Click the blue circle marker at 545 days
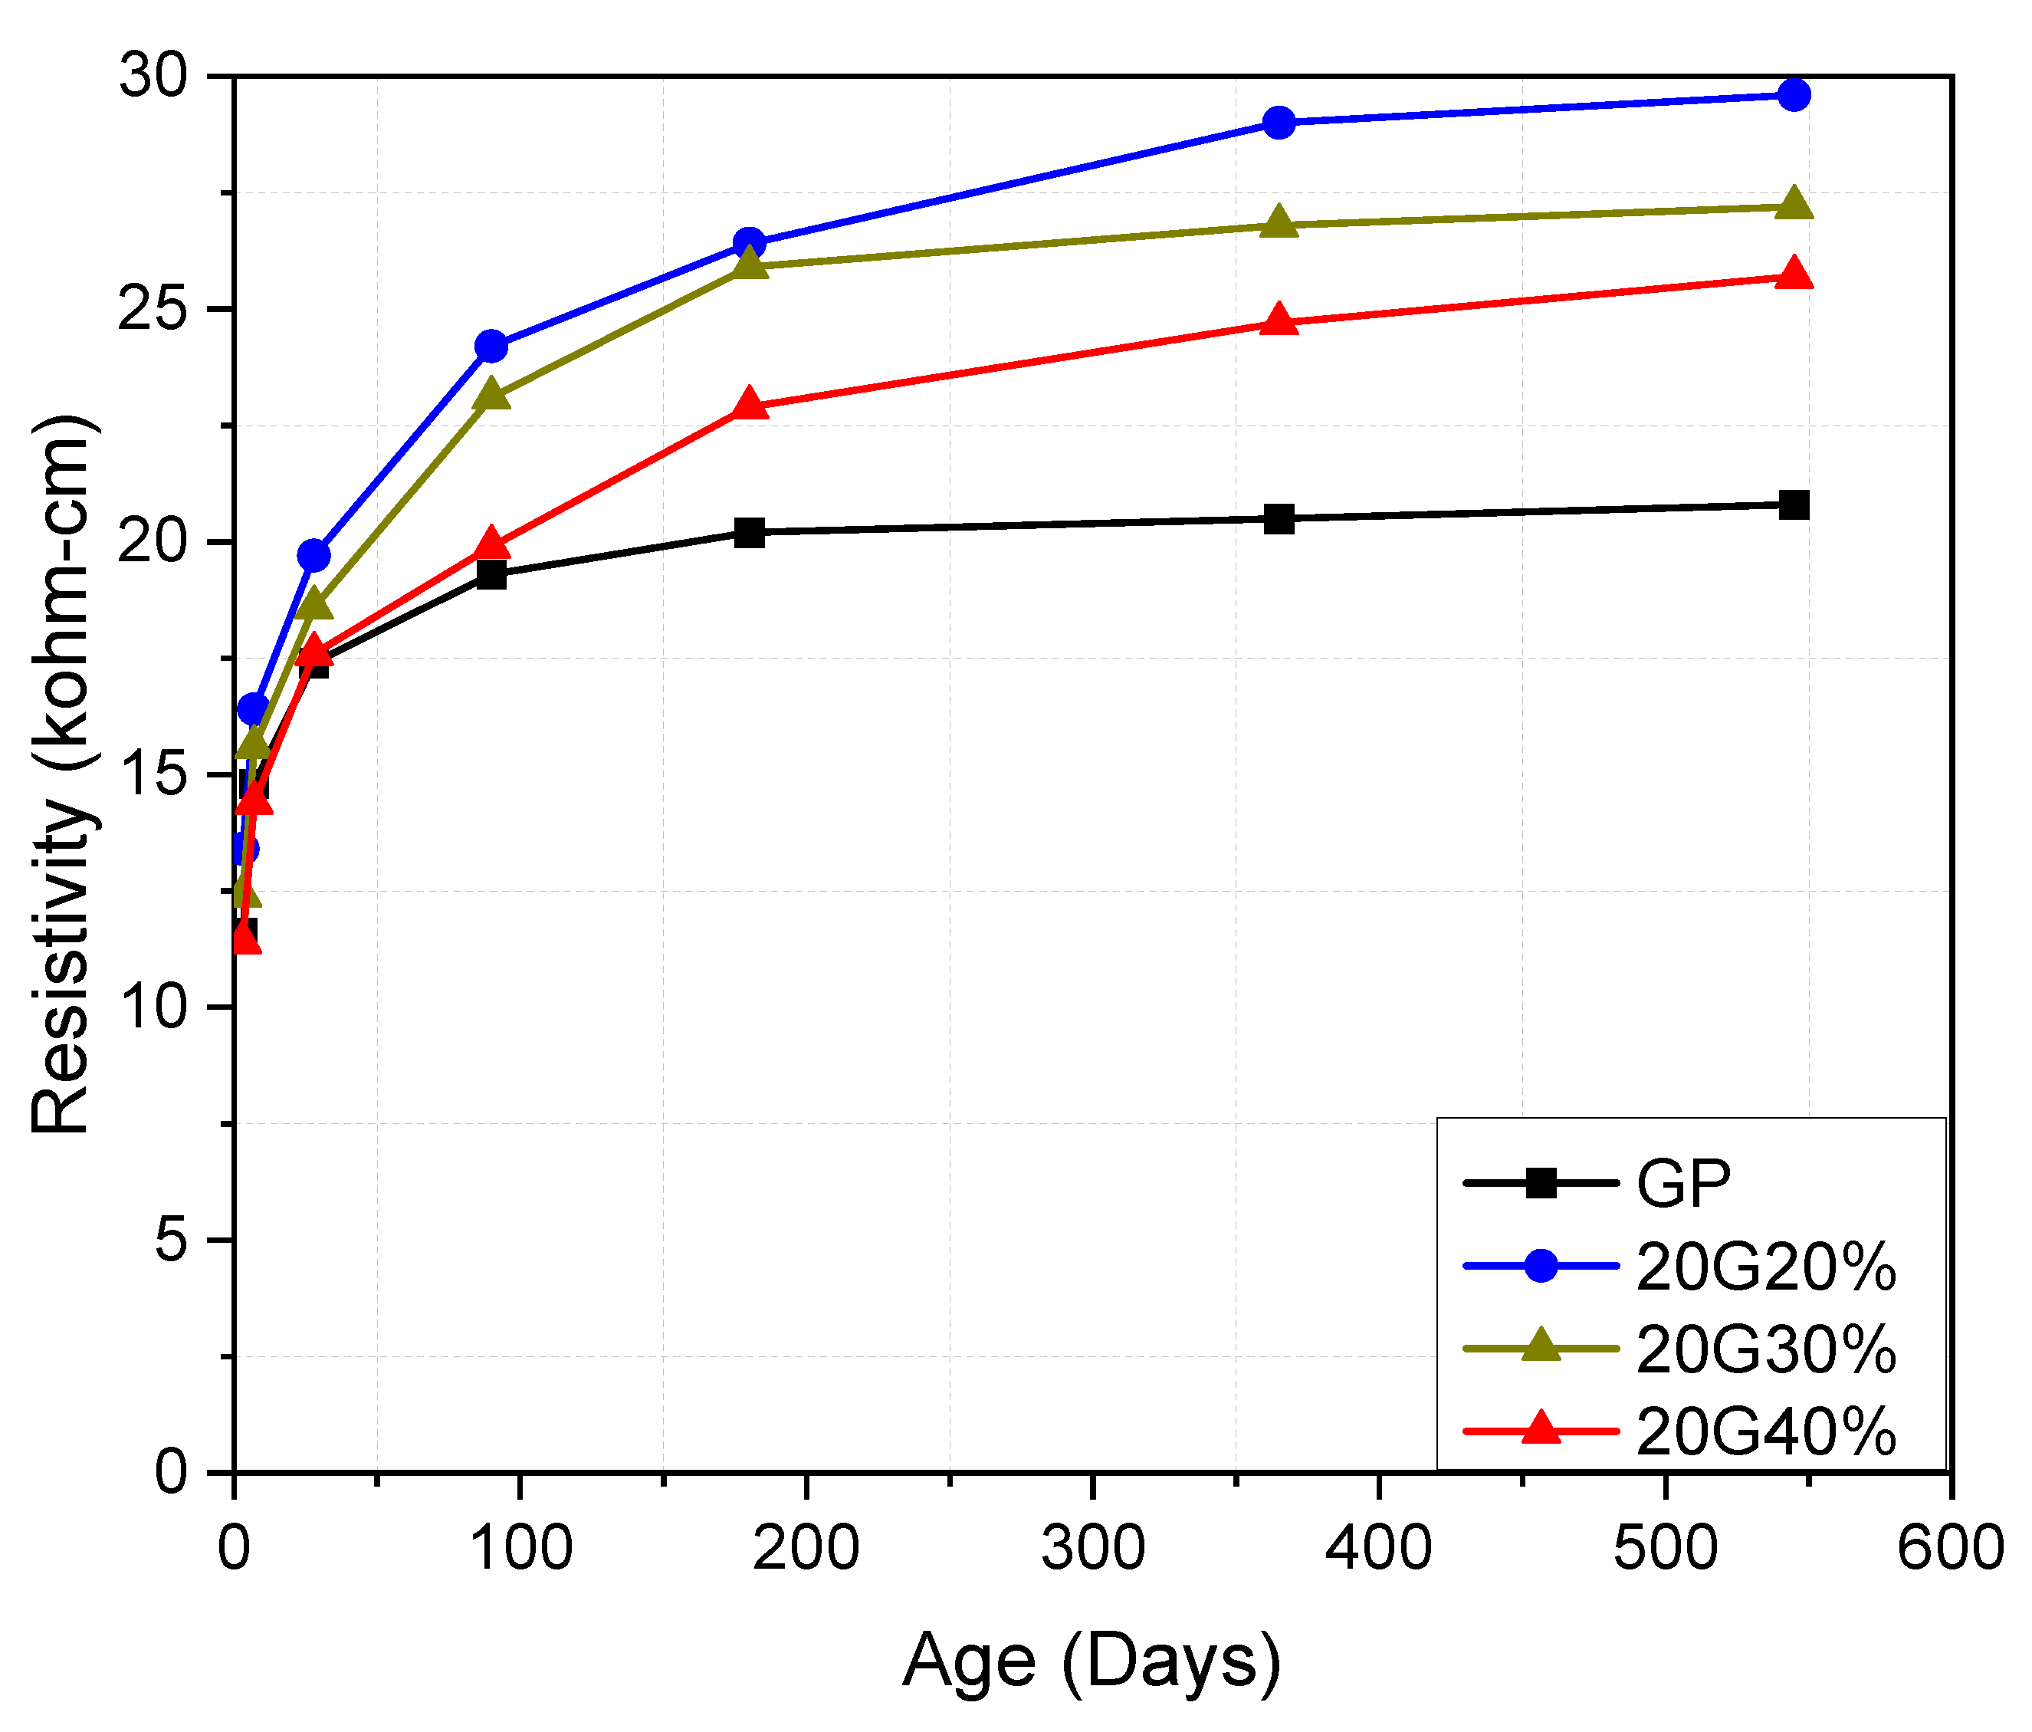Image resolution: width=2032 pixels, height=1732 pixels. (1794, 95)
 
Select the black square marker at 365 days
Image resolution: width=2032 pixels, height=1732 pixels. (1279, 519)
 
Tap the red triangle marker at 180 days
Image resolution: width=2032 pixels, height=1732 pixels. (749, 404)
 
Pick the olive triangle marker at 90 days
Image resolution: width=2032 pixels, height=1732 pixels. (491, 394)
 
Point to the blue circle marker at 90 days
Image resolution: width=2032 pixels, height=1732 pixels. (491, 347)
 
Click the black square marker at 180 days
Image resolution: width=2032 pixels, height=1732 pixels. (749, 533)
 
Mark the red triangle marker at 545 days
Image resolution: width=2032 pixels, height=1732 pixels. (1794, 274)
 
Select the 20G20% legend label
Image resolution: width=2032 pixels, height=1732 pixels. (1765, 1266)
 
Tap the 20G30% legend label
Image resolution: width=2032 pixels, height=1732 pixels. (1765, 1349)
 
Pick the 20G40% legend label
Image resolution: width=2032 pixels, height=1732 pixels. (1765, 1432)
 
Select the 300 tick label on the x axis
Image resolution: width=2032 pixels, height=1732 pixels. (1092, 1549)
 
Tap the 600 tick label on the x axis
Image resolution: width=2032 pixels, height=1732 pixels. (1950, 1549)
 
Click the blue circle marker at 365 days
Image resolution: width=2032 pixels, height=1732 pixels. (1279, 123)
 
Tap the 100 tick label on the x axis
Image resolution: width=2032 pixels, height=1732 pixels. (520, 1549)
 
